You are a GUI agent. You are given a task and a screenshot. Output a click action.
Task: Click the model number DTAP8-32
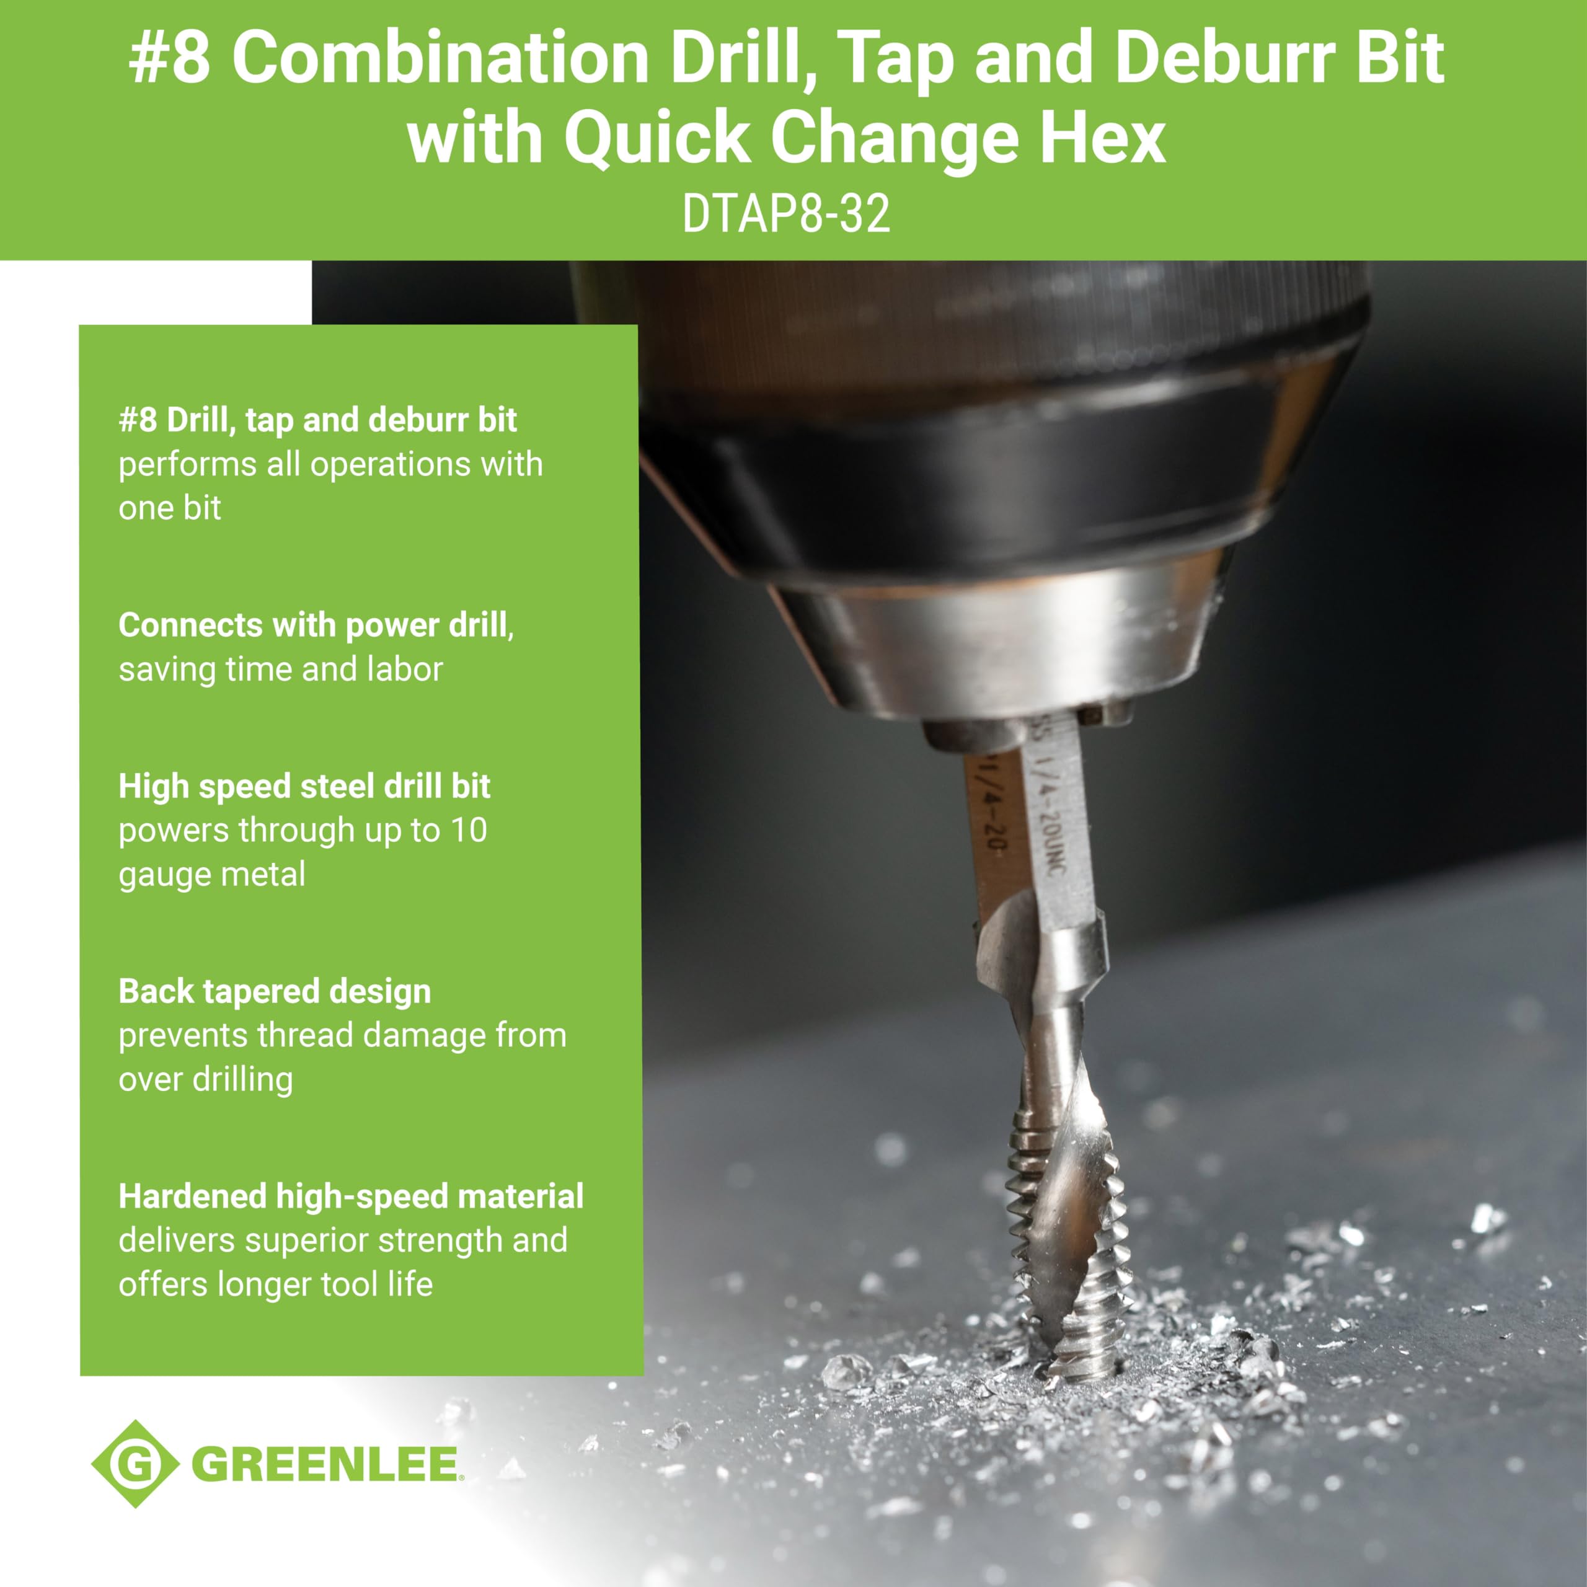pyautogui.click(x=786, y=214)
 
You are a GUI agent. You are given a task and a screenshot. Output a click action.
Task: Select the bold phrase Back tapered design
pyautogui.click(x=275, y=991)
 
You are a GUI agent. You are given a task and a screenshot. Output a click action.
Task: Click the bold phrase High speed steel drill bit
pyautogui.click(x=304, y=786)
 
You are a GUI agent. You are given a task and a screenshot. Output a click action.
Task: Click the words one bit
pyautogui.click(x=169, y=508)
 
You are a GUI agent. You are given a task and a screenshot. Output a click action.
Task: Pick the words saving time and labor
pyautogui.click(x=280, y=670)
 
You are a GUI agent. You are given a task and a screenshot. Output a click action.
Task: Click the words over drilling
pyautogui.click(x=205, y=1079)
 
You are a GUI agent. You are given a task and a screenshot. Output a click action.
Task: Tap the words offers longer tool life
pyautogui.click(x=275, y=1284)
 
